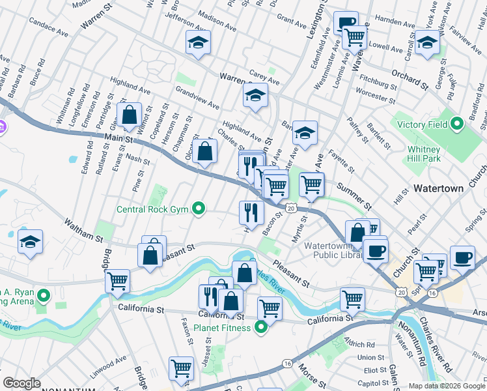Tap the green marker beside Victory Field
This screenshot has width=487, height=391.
pos(458,122)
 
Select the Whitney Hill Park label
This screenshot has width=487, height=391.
pos(424,154)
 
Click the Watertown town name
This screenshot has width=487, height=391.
pos(438,188)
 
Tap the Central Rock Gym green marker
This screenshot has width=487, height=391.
pos(200,209)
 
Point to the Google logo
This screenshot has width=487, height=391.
pos(21,383)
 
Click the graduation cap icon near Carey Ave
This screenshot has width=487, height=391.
pos(255,96)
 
